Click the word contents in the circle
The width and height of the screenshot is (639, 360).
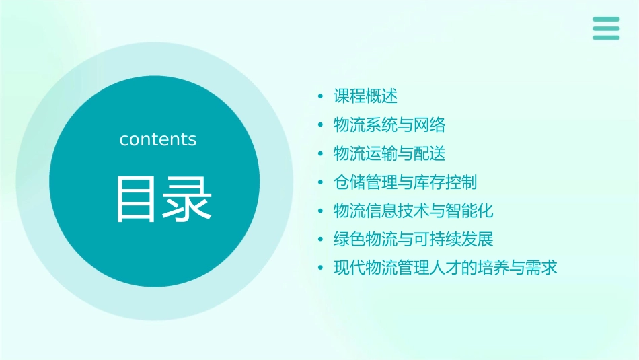coord(158,139)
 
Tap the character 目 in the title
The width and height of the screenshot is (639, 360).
coord(135,199)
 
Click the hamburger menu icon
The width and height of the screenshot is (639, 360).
coord(606,28)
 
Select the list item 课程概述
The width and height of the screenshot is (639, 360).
coord(366,96)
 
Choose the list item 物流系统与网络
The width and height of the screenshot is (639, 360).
coord(389,125)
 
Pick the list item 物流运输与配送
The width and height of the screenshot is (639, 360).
coord(389,153)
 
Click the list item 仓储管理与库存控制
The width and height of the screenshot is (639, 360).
coord(406,182)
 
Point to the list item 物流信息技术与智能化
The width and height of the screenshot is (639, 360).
coord(414,211)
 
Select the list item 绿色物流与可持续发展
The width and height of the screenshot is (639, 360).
coord(414,239)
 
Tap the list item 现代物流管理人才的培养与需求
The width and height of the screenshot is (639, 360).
coord(446,268)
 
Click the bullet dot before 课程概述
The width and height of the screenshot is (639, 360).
coord(321,97)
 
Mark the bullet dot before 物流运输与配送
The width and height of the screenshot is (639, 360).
coord(321,154)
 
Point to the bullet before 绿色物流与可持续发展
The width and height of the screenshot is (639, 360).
coord(321,240)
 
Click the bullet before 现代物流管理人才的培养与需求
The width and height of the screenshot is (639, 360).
coord(321,268)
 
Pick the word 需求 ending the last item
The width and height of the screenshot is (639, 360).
coord(541,268)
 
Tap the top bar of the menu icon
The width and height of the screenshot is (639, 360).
coord(606,20)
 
